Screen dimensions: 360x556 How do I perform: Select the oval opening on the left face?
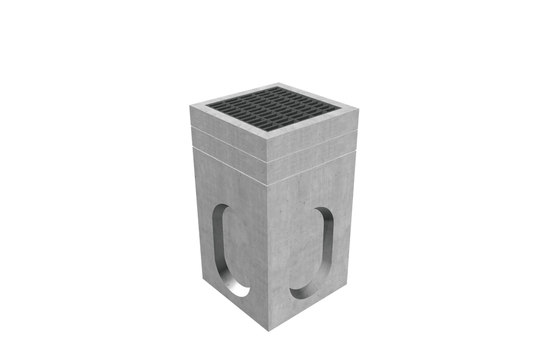[229, 250]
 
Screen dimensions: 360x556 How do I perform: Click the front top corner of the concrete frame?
[270, 141]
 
